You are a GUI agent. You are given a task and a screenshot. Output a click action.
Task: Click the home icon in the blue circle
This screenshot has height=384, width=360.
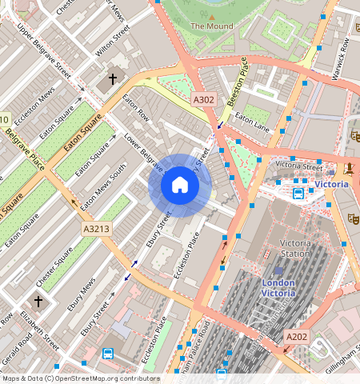click(180, 186)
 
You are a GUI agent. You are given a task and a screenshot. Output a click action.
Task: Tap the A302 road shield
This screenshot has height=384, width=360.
click(203, 99)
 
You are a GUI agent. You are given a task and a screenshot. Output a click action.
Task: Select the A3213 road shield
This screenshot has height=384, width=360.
click(96, 229)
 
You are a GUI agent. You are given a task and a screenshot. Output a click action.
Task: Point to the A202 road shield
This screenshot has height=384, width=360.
click(296, 337)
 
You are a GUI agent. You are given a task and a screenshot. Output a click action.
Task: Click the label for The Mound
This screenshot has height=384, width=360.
click(212, 26)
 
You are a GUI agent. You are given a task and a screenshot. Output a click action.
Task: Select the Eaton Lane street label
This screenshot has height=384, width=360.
click(252, 126)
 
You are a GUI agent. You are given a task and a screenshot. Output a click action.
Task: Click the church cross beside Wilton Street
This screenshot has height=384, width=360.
click(112, 79)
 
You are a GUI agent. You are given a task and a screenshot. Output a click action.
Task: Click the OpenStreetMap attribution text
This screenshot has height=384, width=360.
click(80, 378)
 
